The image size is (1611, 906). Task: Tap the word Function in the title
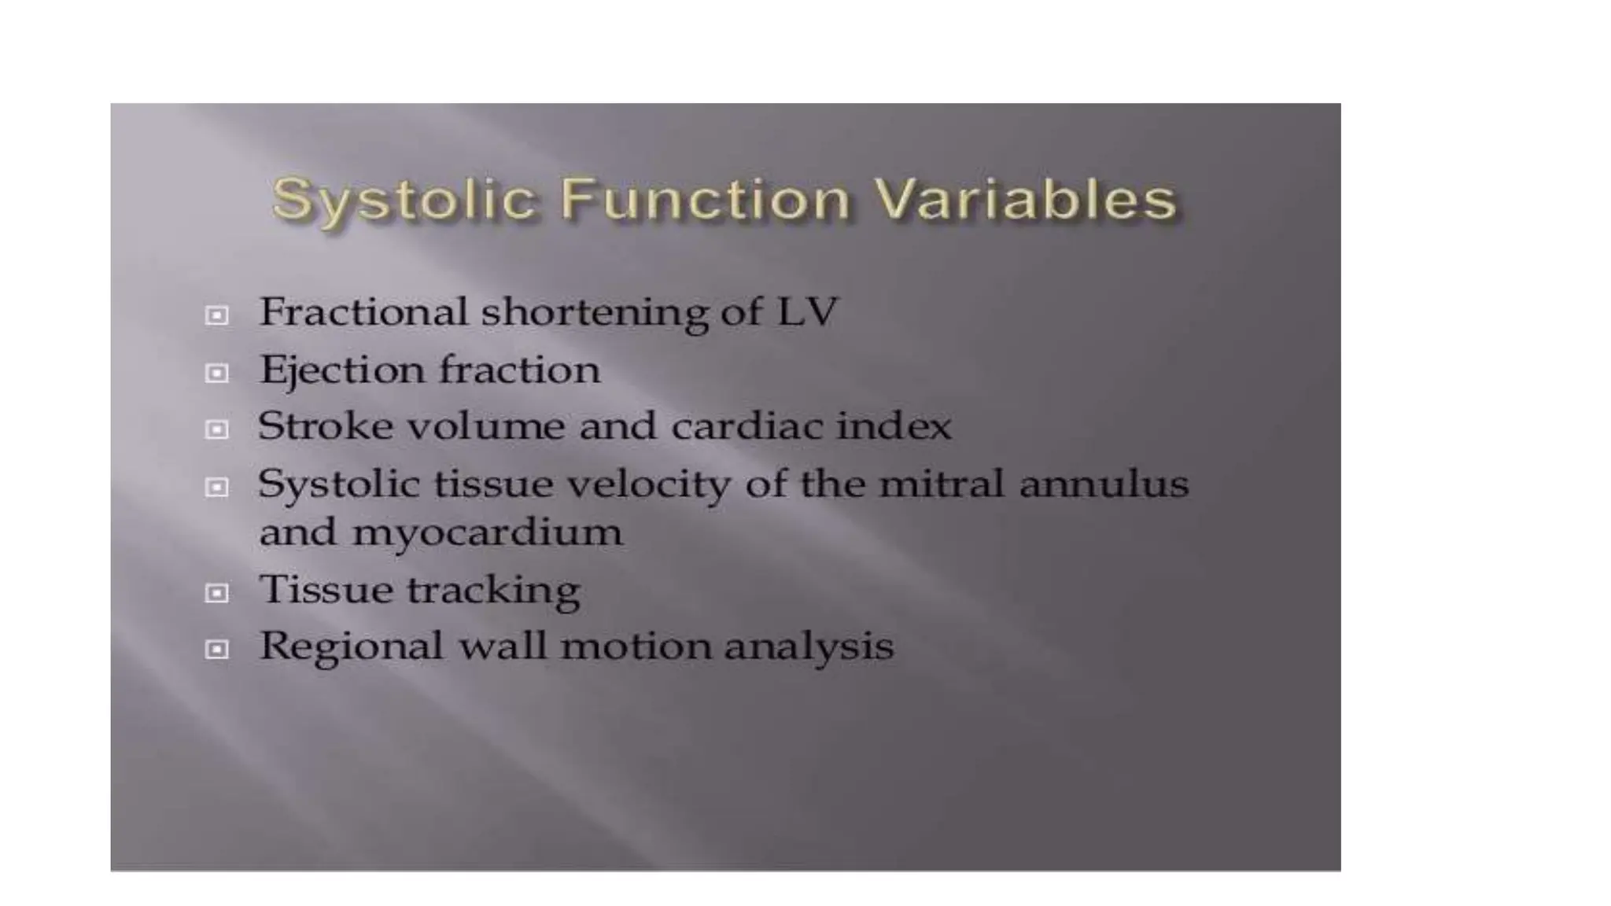[x=706, y=198]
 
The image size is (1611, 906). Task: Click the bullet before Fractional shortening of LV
[x=216, y=315]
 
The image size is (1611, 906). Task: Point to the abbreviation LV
[x=807, y=311]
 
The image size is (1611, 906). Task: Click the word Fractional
[x=363, y=311]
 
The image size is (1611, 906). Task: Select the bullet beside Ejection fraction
[x=216, y=373]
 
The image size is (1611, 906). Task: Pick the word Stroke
[x=326, y=426]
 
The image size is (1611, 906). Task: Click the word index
[x=894, y=426]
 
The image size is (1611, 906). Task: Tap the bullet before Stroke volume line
[x=216, y=430]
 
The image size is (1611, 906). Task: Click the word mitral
[x=942, y=483]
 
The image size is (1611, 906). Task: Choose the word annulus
[x=1104, y=483]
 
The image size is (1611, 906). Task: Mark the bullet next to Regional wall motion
[x=216, y=650]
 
